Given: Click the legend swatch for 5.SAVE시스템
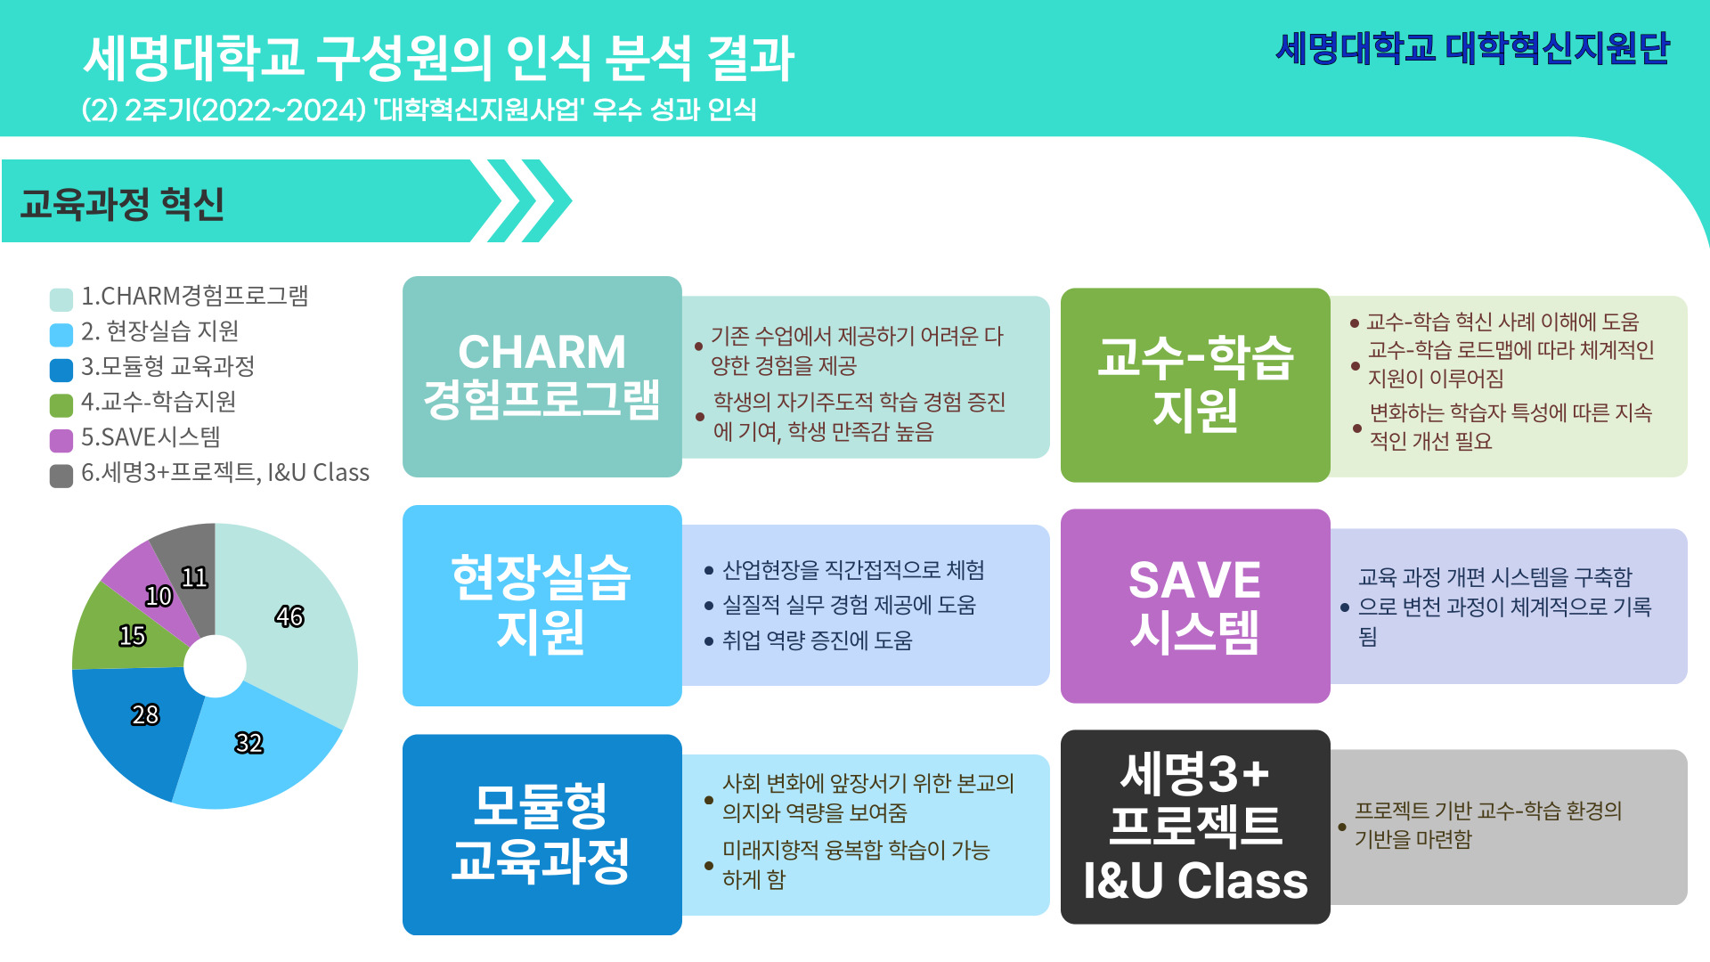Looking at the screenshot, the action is tap(61, 440).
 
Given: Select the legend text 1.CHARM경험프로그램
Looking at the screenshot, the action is tap(195, 296).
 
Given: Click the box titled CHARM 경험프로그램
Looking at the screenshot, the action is tap(541, 376).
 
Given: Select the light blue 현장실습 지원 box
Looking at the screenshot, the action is tap(541, 606).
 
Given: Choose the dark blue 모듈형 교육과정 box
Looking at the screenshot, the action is tap(541, 835).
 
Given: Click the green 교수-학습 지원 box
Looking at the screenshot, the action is tap(1195, 385).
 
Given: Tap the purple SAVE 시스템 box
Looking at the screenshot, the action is tap(1195, 606).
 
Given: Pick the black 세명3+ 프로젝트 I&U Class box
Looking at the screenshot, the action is tap(1195, 827).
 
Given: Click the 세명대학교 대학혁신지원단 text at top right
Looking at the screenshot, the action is tap(1473, 48).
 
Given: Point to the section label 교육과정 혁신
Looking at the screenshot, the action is tap(122, 204).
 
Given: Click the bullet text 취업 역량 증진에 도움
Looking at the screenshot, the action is tap(818, 640).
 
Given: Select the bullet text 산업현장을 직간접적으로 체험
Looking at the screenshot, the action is tap(853, 570).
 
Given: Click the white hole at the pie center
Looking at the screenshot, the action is tap(215, 666).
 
